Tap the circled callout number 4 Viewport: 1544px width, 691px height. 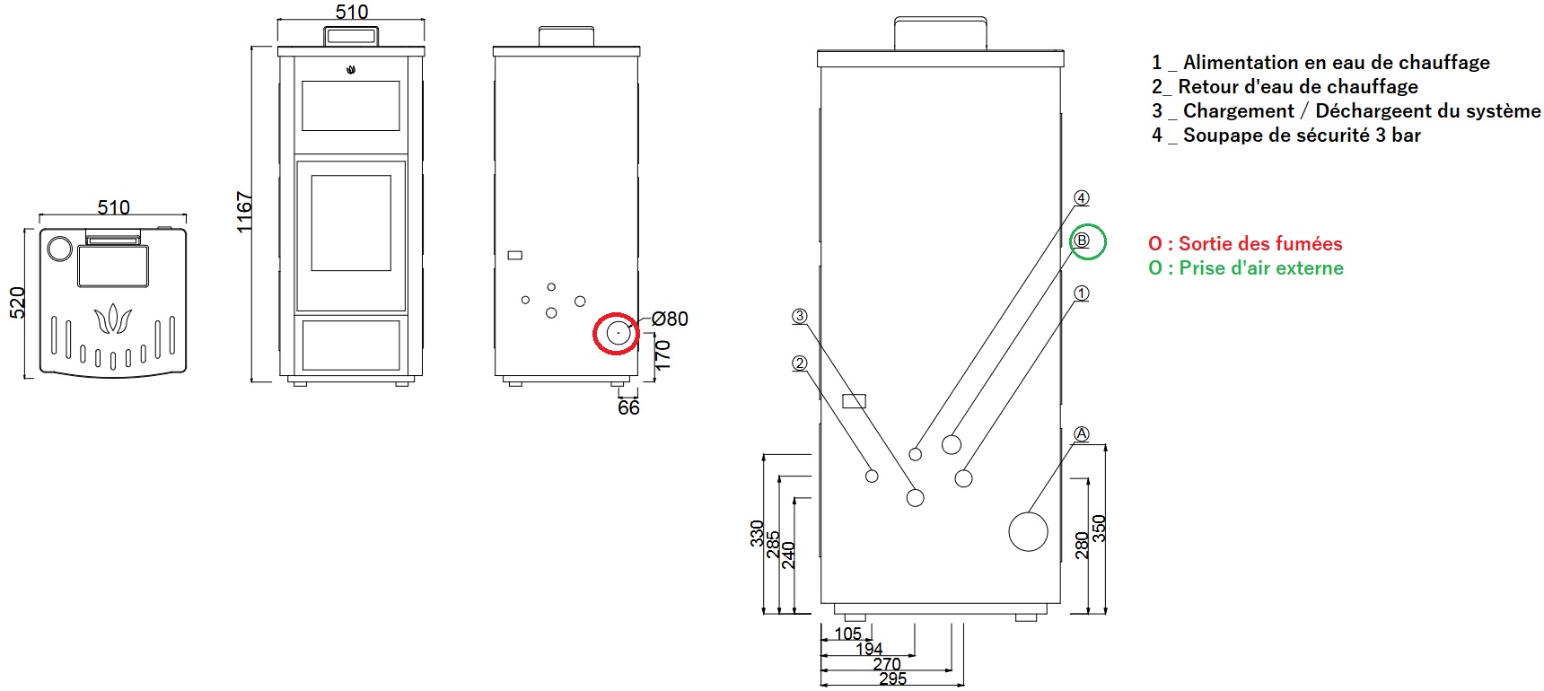(x=1082, y=197)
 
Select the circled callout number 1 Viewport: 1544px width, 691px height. (x=1082, y=293)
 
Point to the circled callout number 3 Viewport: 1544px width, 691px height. (x=800, y=316)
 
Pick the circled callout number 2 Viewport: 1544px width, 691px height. (x=800, y=363)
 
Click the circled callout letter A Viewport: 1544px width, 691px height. (x=1082, y=434)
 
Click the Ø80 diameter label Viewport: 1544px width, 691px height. (x=670, y=319)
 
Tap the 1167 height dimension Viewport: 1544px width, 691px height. (x=244, y=213)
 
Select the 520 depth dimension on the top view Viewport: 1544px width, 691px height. (x=17, y=302)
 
